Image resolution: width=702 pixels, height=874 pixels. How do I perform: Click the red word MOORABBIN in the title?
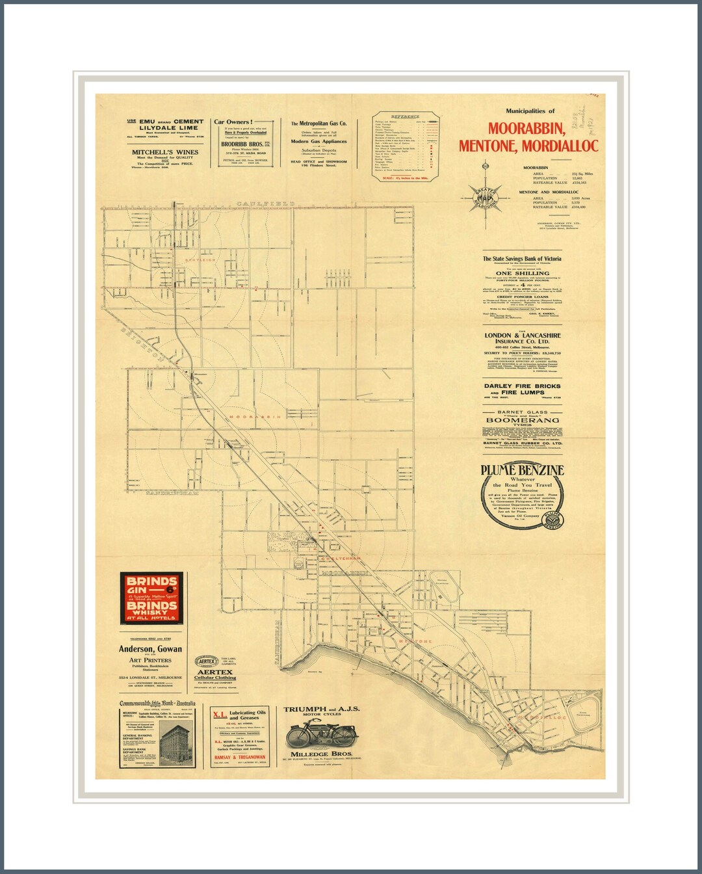[526, 129]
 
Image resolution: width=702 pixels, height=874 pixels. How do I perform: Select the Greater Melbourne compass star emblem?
[485, 194]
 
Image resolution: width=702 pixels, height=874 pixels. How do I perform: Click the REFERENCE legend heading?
[406, 117]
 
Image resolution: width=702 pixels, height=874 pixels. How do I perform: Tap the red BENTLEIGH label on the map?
[200, 260]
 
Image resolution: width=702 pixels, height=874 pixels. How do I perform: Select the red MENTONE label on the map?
[415, 642]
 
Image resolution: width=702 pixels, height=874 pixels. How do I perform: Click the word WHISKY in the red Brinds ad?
[151, 613]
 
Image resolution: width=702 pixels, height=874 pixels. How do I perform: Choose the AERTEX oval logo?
[207, 661]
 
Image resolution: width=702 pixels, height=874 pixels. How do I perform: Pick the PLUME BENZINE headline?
[523, 470]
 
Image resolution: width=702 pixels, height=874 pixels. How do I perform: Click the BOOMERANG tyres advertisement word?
[523, 420]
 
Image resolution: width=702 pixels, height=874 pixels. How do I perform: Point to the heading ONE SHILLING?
[523, 273]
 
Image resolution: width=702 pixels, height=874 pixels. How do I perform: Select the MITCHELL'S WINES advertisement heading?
[165, 152]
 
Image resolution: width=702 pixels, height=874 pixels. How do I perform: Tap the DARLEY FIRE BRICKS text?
[522, 386]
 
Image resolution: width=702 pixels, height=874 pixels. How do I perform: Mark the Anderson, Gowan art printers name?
[150, 649]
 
